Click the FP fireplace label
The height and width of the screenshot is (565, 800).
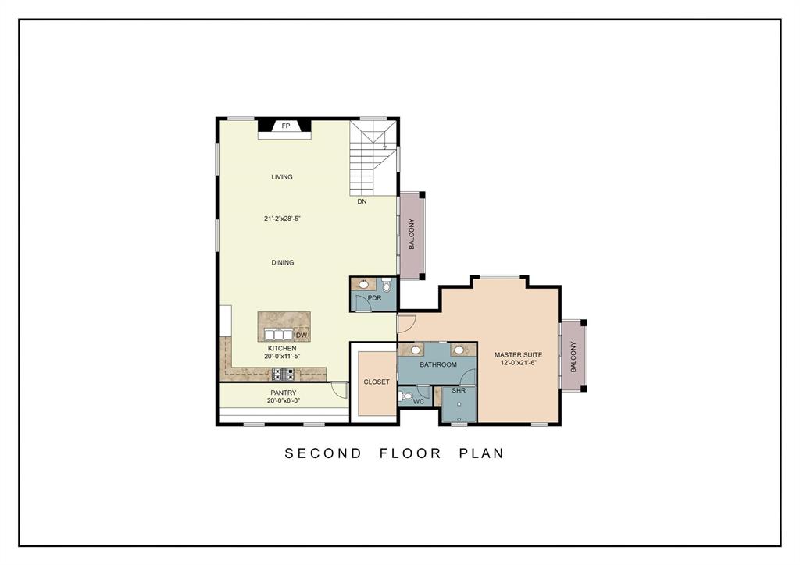click(x=285, y=126)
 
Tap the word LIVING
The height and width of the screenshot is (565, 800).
click(x=282, y=177)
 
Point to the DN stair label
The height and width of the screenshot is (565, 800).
click(x=362, y=201)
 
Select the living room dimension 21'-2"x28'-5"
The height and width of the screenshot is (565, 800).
click(x=282, y=219)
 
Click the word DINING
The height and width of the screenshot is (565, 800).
click(x=283, y=263)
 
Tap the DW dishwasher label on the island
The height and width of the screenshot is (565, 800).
click(x=301, y=336)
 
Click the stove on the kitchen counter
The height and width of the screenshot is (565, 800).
click(x=283, y=373)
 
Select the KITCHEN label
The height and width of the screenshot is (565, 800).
click(x=282, y=348)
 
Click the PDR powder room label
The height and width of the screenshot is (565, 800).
click(x=374, y=298)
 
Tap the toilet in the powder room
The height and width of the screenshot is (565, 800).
click(x=386, y=286)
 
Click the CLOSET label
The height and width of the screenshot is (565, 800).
click(x=377, y=382)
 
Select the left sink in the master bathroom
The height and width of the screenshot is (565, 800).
click(x=416, y=350)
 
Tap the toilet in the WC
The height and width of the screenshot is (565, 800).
click(x=405, y=396)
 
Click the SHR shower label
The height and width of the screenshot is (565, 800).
click(x=459, y=391)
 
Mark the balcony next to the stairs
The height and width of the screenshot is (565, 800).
click(x=411, y=234)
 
